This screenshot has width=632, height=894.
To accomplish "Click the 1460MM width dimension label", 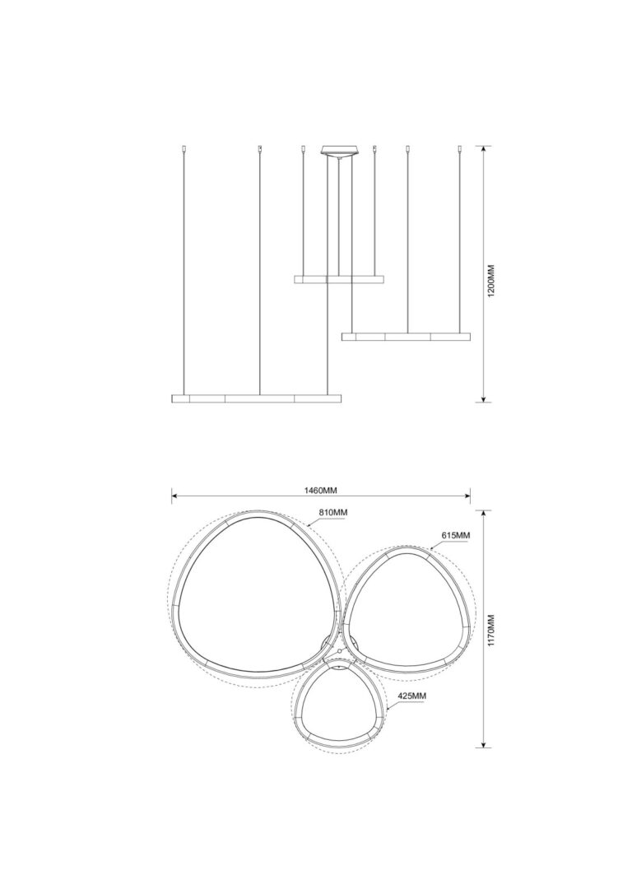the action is [321, 491].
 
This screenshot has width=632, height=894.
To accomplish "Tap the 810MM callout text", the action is [333, 513].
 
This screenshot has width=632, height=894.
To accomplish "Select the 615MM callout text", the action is [455, 535].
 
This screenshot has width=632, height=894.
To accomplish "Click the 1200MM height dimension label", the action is [494, 279].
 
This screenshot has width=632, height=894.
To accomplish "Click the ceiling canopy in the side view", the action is [339, 151].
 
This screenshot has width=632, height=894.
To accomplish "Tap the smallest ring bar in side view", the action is [339, 279].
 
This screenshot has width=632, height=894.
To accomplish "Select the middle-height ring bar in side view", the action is [407, 337].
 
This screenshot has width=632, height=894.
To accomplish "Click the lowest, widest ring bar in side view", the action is [257, 398].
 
